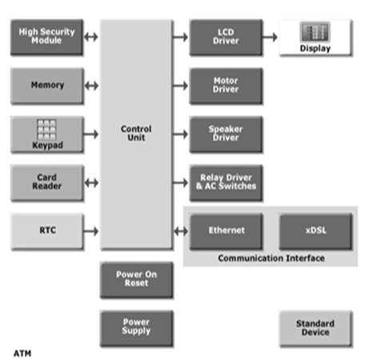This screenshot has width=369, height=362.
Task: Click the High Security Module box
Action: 47,37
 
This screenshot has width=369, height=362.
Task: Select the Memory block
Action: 47,86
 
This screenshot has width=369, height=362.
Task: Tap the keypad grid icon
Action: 46,130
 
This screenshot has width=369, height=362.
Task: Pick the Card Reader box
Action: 47,183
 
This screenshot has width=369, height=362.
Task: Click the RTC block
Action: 47,231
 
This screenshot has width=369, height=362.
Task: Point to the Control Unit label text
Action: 136,133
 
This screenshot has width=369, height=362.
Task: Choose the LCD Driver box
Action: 226,37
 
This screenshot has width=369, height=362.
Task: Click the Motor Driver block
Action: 226,86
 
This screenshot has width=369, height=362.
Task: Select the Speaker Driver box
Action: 226,134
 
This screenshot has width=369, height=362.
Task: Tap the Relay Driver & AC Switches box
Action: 226,183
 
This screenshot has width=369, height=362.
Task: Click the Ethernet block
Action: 226,231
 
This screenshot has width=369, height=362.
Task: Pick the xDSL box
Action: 315,231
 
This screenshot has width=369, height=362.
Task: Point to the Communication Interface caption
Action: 271,258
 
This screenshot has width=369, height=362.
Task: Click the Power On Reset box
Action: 136,280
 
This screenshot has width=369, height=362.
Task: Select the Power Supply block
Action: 136,328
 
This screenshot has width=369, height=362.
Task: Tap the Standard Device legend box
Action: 315,328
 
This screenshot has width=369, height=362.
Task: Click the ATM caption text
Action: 22,353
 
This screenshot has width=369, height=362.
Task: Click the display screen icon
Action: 315,32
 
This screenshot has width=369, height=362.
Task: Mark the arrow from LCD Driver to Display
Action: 270,37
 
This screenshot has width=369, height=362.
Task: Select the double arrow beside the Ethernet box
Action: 181,231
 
